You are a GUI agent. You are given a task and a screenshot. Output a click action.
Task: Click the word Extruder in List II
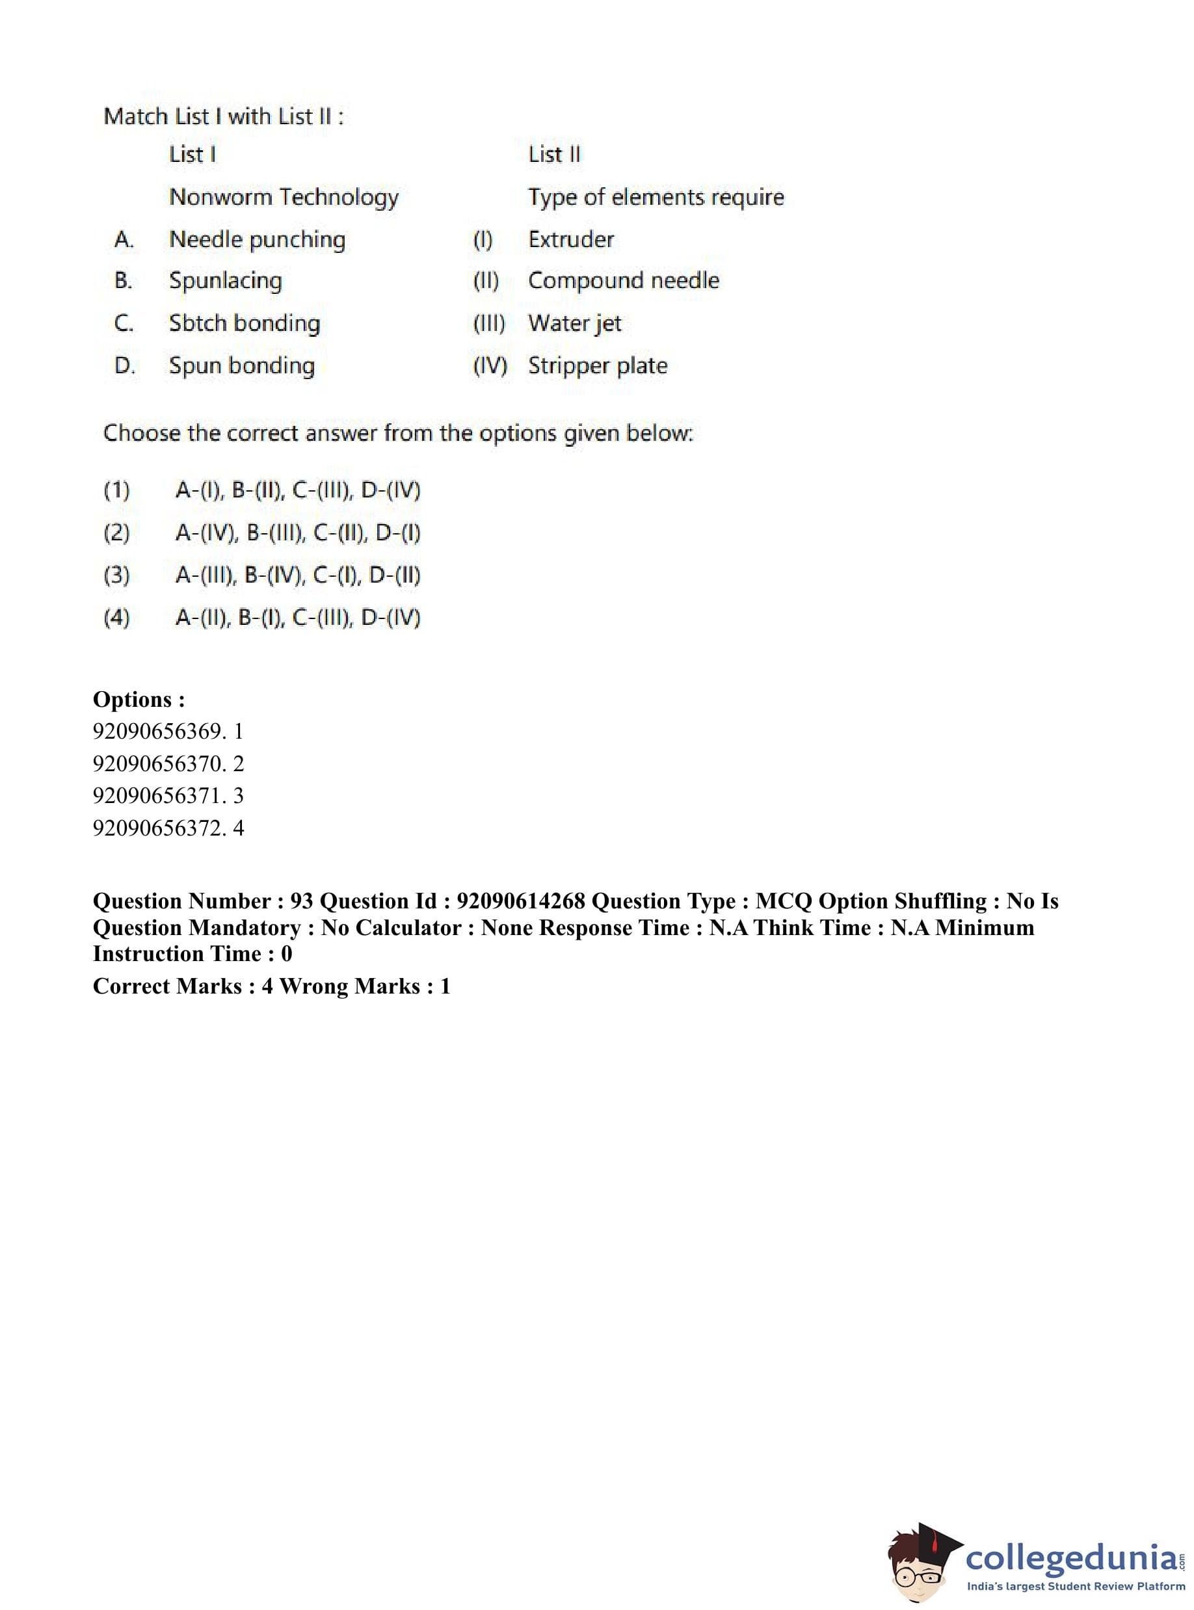coord(570,239)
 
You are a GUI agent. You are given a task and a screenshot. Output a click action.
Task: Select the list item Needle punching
coord(257,239)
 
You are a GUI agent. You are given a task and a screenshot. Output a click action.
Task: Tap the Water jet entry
coord(575,323)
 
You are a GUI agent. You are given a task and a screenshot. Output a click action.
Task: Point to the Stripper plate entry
coord(597,365)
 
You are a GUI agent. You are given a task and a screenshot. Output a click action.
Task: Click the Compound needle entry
coord(623,280)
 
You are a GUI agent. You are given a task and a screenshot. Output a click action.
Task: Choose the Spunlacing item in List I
coord(226,280)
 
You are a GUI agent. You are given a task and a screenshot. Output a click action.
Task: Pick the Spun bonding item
coord(241,365)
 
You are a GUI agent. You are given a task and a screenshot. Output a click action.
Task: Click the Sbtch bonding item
coord(245,323)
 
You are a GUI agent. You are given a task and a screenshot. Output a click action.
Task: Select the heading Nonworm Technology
coord(284,196)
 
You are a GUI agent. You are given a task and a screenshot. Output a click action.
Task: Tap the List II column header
coord(553,154)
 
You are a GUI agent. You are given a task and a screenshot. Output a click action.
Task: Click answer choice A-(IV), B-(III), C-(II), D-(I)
coord(298,533)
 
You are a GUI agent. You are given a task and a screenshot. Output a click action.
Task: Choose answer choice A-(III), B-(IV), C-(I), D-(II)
coord(298,575)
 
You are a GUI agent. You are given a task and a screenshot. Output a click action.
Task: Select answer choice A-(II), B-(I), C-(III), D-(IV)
coord(298,618)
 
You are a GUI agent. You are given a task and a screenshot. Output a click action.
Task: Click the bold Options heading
coord(139,700)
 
